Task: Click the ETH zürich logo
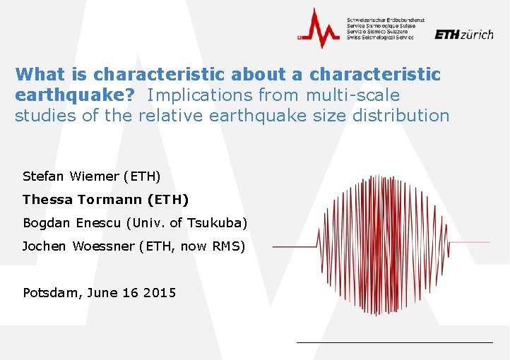463,34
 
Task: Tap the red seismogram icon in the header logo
319,28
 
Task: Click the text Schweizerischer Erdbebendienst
380,18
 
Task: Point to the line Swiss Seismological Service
380,37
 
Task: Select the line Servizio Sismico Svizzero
377,31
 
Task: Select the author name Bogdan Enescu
71,223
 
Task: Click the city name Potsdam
51,292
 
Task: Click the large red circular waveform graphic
381,246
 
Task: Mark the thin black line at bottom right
394,342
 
